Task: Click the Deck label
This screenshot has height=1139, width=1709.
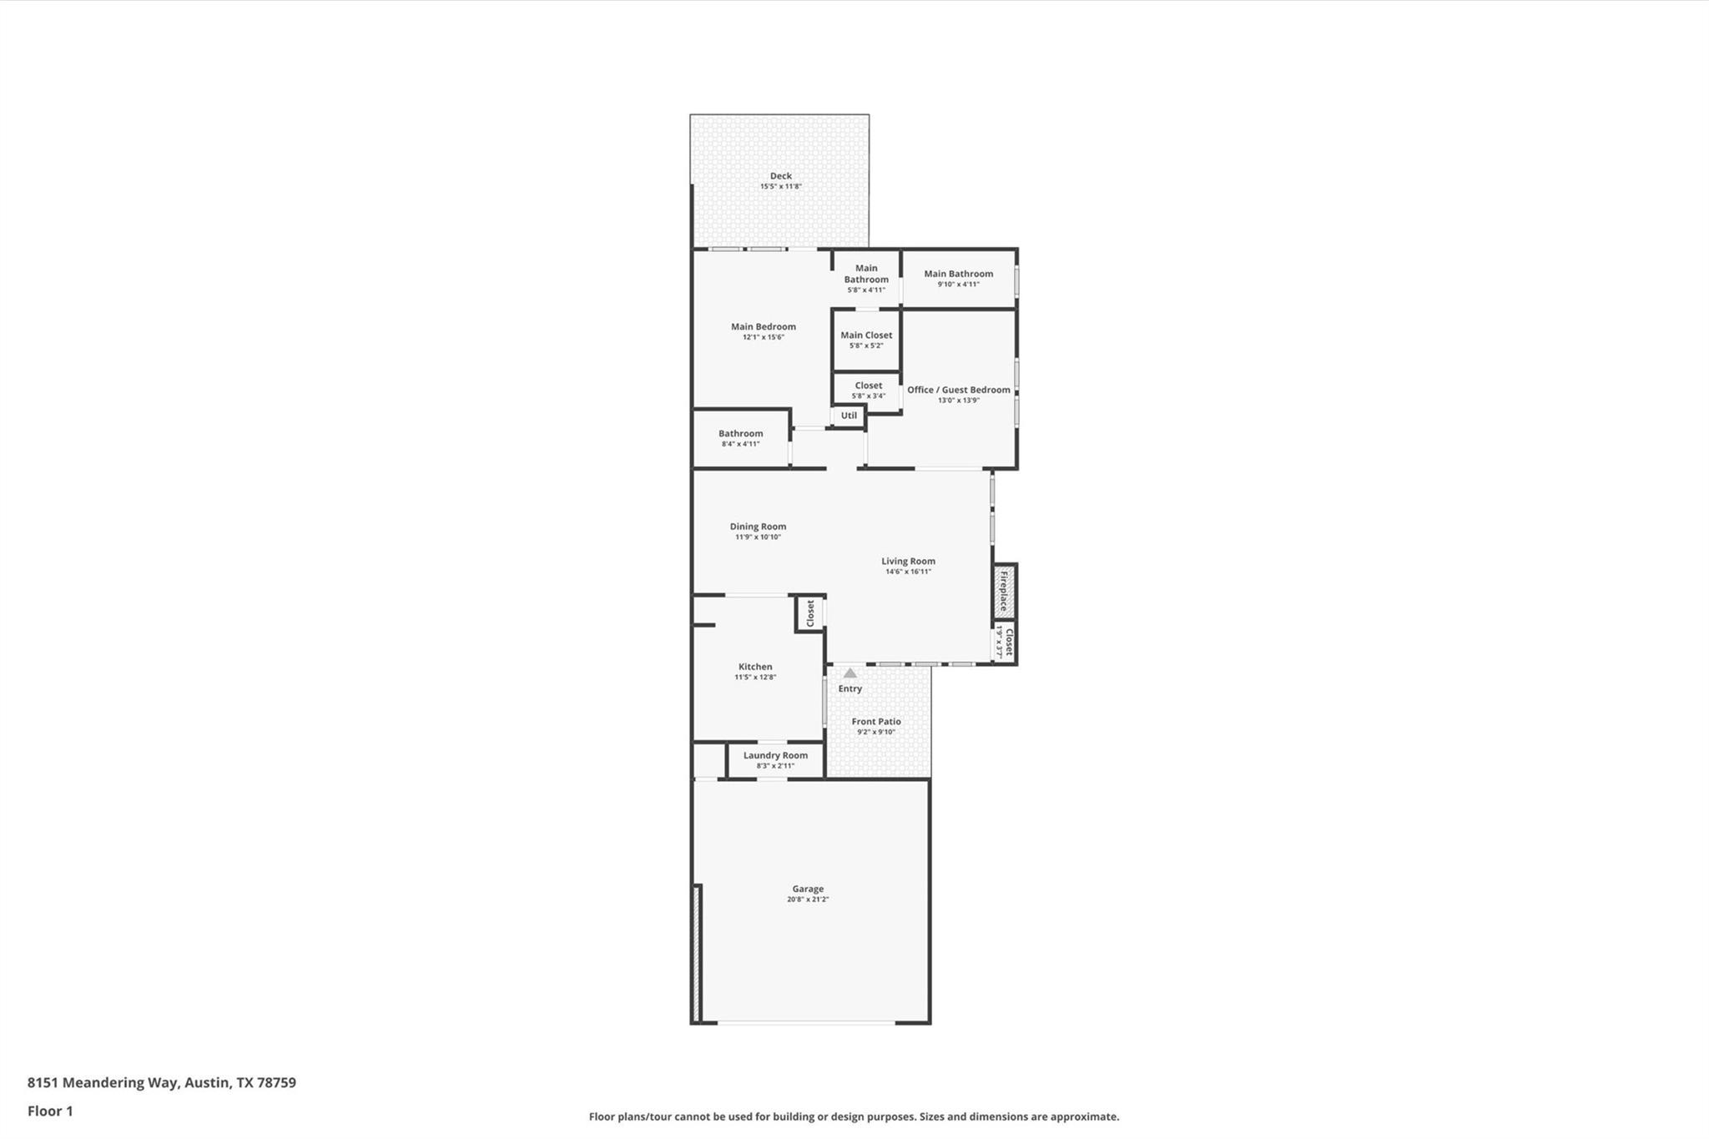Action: [x=780, y=176]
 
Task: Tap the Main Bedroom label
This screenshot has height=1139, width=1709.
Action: [x=763, y=327]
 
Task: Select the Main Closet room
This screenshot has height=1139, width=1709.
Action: [x=866, y=340]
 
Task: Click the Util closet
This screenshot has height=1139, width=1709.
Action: [x=849, y=416]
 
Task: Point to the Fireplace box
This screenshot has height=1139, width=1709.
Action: [x=1004, y=591]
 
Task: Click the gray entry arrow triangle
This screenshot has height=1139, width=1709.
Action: [x=849, y=673]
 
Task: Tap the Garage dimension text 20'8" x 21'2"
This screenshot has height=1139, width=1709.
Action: [x=808, y=900]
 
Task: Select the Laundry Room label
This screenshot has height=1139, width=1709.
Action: [x=775, y=755]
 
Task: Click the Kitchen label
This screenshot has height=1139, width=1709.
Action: [x=755, y=667]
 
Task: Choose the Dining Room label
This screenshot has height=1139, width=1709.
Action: [x=758, y=527]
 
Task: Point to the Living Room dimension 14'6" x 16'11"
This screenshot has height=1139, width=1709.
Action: [x=908, y=572]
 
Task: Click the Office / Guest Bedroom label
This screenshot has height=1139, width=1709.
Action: [x=958, y=390]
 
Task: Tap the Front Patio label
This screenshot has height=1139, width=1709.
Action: [x=876, y=722]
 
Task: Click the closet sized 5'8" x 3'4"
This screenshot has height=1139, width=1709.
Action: [x=868, y=390]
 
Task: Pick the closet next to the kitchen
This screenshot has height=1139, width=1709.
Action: [x=809, y=613]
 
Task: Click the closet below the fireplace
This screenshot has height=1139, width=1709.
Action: [x=1004, y=643]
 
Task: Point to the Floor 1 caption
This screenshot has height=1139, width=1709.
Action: [x=50, y=1111]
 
